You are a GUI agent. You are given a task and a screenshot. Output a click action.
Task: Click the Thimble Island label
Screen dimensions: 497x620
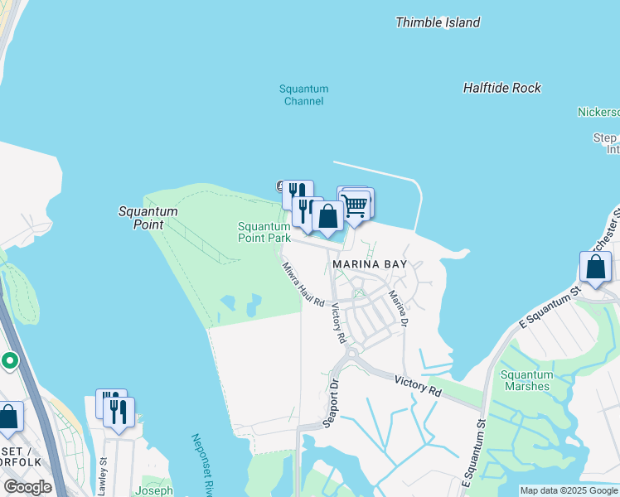pos(438,22)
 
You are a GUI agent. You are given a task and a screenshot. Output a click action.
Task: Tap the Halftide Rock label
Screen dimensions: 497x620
pos(501,88)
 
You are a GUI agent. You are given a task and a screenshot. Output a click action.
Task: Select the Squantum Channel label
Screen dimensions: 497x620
pos(303,95)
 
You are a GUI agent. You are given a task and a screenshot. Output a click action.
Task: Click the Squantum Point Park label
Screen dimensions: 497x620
pos(264,232)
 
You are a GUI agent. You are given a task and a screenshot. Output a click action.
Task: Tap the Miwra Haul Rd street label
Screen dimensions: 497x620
pos(302,286)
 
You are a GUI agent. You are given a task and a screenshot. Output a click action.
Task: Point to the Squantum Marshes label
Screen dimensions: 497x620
pos(526,380)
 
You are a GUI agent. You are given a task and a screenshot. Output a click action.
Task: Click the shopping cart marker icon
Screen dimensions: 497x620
pos(356,205)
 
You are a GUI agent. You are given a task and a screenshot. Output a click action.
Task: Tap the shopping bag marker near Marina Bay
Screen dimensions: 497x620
pos(328,217)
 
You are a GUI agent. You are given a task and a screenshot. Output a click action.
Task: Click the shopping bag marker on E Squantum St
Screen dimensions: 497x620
pos(595,268)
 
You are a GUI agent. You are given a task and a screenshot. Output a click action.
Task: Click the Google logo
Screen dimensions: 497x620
pos(27,487)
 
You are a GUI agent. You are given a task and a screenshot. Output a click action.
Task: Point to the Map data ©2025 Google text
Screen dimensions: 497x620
pos(568,490)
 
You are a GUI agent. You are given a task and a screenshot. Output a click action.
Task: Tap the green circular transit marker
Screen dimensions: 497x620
pos(9,360)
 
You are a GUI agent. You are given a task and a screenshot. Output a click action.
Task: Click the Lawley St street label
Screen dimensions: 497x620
pos(102,477)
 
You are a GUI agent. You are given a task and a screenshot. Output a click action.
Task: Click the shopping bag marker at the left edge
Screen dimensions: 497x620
pos(9,417)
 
